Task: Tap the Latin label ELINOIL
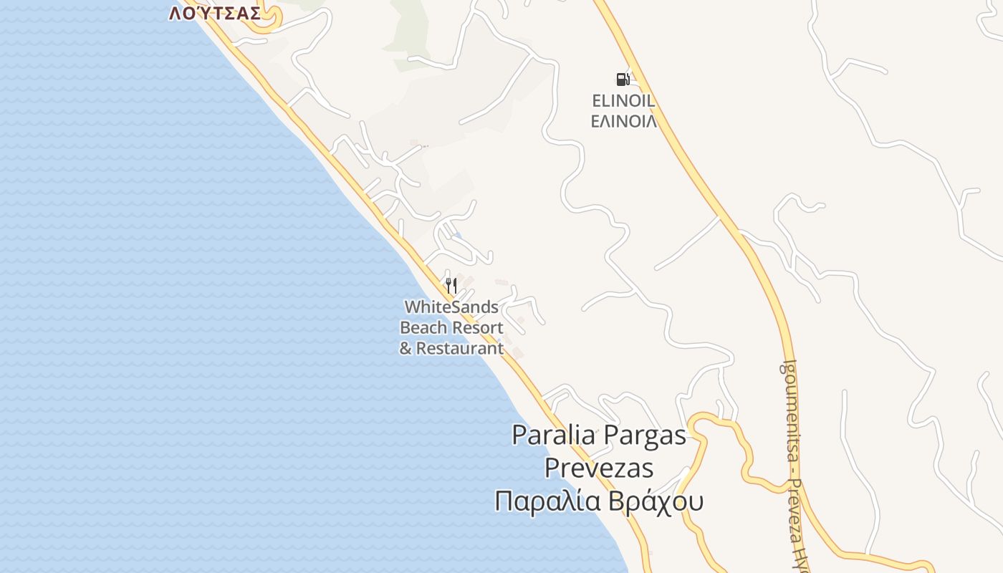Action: (623, 101)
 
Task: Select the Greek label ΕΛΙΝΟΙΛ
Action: (623, 121)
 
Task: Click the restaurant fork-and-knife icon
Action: (451, 286)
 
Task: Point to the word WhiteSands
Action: (451, 307)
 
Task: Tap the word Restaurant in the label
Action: (460, 349)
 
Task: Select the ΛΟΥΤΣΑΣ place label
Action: (215, 13)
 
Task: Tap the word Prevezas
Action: (599, 468)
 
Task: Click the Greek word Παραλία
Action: (548, 501)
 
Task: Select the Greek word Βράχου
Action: (656, 501)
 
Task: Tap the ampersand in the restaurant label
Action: (405, 349)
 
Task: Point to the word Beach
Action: (422, 328)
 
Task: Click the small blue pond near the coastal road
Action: (458, 235)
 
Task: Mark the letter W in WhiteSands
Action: (411, 307)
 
